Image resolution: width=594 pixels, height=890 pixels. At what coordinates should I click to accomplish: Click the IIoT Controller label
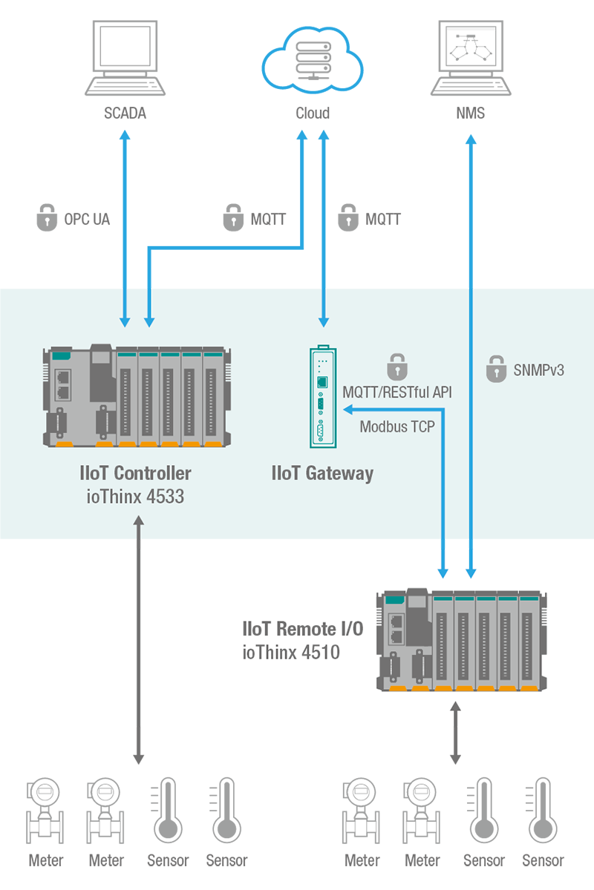coord(135,473)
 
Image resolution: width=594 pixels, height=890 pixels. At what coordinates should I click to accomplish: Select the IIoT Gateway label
coord(322,473)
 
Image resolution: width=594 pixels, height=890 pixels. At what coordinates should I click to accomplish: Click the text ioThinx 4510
coord(291,653)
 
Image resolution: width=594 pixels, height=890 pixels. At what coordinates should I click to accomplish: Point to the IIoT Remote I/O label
coord(303,630)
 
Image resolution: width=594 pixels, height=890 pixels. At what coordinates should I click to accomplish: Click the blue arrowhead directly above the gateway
coord(323,321)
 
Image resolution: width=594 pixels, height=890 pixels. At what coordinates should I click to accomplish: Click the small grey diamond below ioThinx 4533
coord(138,545)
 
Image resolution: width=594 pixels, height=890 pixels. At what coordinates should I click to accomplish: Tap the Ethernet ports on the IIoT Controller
coord(64,385)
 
